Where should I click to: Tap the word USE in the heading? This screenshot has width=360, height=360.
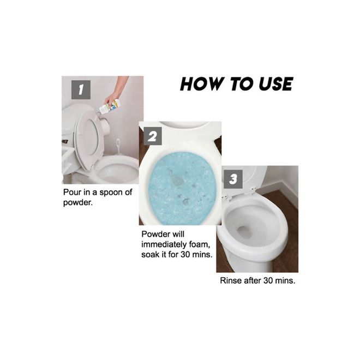(275, 84)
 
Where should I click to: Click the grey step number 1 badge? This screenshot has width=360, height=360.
(81, 90)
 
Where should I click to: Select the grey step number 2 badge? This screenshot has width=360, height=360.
(153, 136)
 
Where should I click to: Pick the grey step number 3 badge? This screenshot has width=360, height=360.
(233, 179)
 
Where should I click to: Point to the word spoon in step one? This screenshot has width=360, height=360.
(111, 193)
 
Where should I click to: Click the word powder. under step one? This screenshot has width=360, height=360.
(77, 203)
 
